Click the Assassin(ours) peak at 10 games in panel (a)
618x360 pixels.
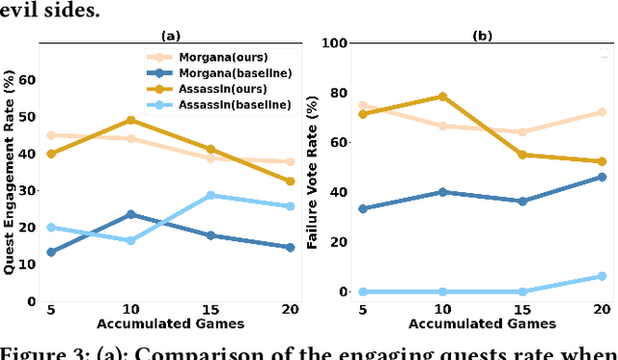click(130, 121)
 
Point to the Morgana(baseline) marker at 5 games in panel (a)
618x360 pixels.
click(49, 252)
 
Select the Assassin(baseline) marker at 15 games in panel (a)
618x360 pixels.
click(211, 195)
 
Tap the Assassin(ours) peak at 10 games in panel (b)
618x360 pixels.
click(442, 97)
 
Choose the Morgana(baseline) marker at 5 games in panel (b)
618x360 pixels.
click(362, 208)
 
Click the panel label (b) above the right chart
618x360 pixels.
click(481, 36)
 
